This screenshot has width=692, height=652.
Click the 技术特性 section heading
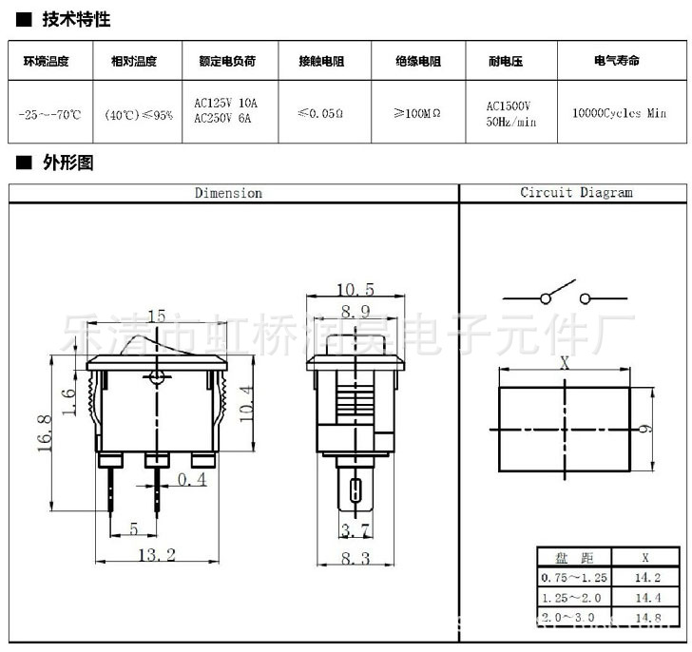coord(77,19)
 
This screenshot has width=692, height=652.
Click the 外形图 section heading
coord(68,163)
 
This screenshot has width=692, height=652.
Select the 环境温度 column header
coord(47,61)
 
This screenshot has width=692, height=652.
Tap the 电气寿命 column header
coord(616,61)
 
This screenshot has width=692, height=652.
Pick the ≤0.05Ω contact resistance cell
coord(320,113)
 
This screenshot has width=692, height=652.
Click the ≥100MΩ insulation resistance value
coord(416,113)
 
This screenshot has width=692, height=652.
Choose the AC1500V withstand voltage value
coord(508,106)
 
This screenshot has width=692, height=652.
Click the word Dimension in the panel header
coord(228,193)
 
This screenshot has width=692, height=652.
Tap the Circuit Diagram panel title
coord(576,192)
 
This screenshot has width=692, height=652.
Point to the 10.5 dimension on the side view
coord(355,289)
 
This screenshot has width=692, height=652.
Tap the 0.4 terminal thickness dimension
coord(192,481)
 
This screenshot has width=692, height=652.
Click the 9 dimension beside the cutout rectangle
coord(644,429)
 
